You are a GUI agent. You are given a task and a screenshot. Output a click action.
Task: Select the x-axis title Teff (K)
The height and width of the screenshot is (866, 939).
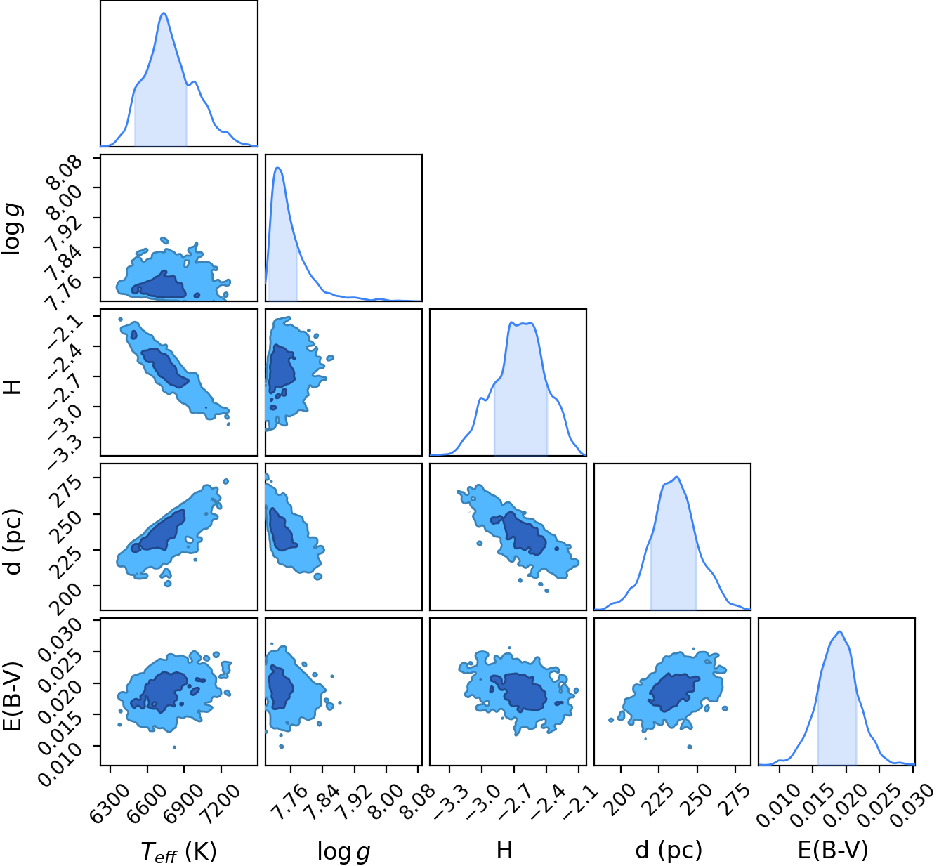(178, 852)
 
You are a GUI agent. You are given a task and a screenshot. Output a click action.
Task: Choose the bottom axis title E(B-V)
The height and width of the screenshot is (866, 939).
(833, 851)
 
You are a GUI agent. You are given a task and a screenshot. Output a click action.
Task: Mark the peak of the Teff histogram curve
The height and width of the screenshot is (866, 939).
(164, 13)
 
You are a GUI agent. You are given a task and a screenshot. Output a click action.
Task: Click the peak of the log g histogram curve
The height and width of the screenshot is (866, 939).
(278, 167)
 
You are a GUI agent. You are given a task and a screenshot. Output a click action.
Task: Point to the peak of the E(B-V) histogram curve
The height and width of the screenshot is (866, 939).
(840, 631)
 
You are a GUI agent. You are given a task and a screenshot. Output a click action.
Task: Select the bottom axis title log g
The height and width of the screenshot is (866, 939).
(343, 852)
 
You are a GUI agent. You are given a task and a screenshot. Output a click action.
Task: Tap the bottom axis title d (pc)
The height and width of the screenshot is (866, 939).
(669, 851)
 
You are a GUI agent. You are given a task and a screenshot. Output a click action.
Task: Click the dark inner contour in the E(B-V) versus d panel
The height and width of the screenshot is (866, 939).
(671, 692)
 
